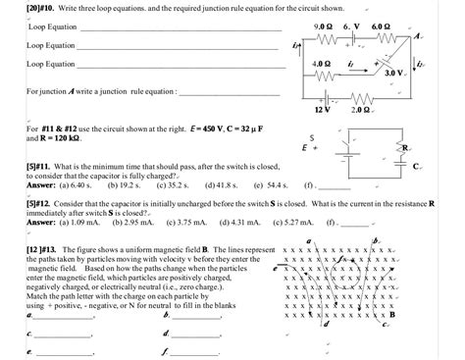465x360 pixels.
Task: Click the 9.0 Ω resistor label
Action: tap(323, 25)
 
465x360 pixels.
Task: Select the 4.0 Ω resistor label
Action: tap(321, 63)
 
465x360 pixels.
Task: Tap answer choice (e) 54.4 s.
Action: tap(269, 183)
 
